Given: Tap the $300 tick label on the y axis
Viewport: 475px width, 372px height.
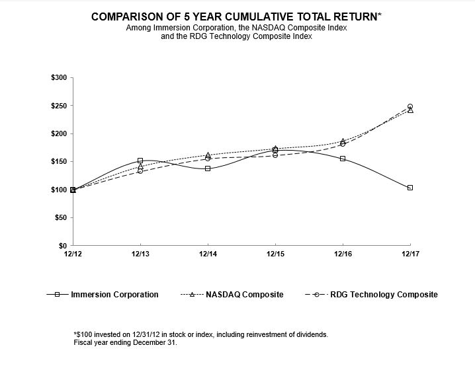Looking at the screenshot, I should [58, 78].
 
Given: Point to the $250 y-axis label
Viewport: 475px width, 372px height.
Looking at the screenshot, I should [58, 106].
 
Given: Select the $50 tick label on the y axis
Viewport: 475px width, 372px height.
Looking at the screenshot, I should [60, 217].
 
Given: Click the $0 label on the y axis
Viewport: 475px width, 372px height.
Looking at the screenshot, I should [62, 245].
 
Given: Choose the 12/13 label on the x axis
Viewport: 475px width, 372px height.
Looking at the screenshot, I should [140, 254].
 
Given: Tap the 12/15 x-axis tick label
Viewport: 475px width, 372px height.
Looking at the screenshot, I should [275, 254].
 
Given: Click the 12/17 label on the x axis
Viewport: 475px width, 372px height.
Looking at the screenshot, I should [410, 254].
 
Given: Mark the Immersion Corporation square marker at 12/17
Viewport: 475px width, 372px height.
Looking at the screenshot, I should [410, 188].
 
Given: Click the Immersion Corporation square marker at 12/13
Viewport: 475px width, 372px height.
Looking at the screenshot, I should [140, 161].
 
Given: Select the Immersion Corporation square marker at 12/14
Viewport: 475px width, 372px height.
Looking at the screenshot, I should [208, 168].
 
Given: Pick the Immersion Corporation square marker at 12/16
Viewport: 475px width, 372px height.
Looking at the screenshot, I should [343, 159].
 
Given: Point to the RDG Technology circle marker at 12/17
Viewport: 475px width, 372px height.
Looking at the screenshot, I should [410, 106].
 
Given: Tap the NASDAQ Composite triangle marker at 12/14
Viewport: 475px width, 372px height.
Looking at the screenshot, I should [208, 155].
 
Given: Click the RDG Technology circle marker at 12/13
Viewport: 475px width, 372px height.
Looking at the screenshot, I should [140, 171].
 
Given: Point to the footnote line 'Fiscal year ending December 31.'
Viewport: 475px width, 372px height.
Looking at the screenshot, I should [126, 343].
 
